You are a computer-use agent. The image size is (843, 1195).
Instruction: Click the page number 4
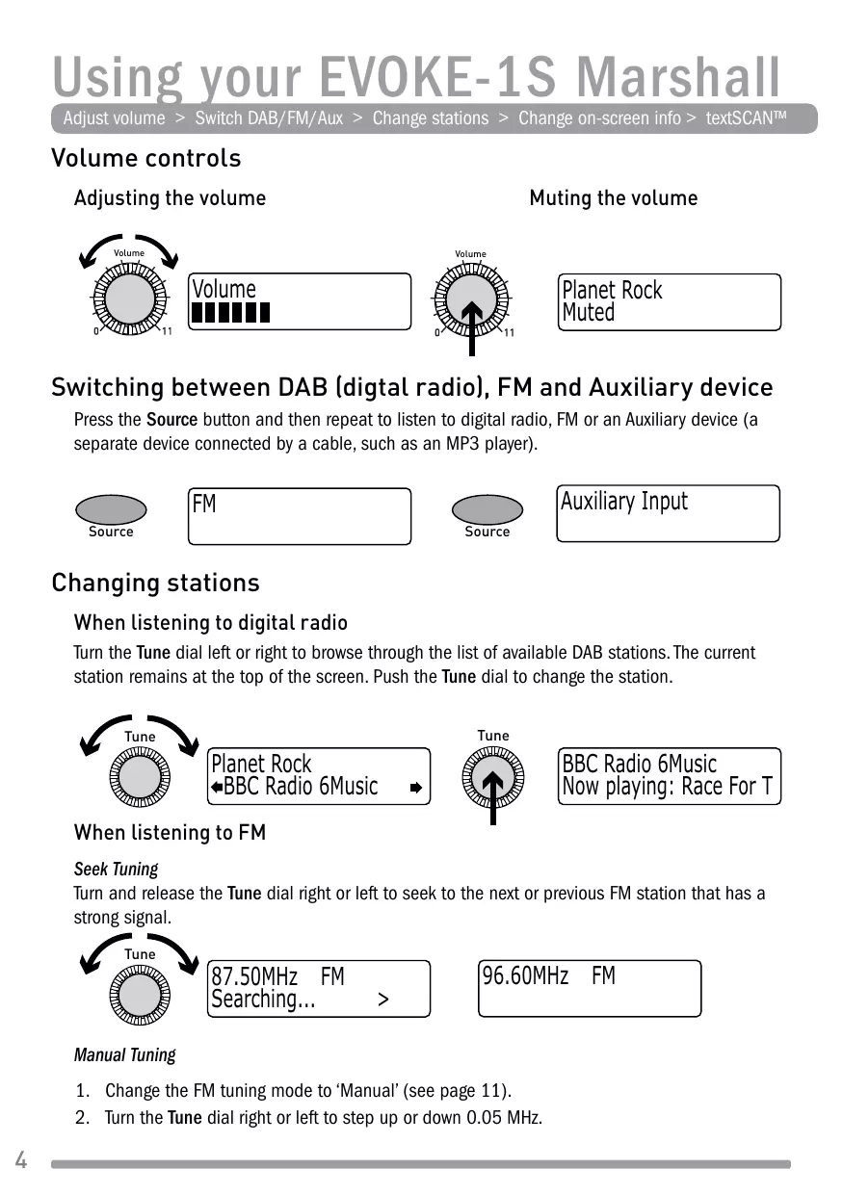[20, 1160]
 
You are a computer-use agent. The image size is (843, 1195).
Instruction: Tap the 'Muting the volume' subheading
[613, 198]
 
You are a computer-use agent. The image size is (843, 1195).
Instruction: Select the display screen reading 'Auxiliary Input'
[669, 514]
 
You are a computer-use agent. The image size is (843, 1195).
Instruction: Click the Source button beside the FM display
[111, 510]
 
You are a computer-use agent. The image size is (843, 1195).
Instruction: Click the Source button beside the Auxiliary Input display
[487, 510]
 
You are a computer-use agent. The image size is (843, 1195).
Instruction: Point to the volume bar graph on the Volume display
[231, 313]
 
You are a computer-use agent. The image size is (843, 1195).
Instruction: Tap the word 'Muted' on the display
[589, 313]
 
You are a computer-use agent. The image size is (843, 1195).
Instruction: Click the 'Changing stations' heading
[155, 583]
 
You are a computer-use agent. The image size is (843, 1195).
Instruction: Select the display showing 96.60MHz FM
[590, 988]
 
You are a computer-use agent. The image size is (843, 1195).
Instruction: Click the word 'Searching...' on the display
[263, 1000]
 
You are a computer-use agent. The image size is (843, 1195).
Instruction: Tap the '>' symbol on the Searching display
[383, 1000]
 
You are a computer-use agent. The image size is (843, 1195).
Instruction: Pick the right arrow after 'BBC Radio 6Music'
[415, 788]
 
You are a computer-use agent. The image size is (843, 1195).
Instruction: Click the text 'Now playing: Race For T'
[667, 788]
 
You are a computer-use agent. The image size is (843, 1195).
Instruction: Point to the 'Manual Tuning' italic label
[124, 1055]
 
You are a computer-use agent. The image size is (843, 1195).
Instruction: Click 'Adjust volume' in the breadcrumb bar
[114, 118]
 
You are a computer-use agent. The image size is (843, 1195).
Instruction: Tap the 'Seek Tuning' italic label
[116, 869]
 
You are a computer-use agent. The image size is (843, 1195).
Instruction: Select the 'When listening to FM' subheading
[170, 832]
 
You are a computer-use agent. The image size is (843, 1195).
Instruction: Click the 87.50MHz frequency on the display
[254, 976]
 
